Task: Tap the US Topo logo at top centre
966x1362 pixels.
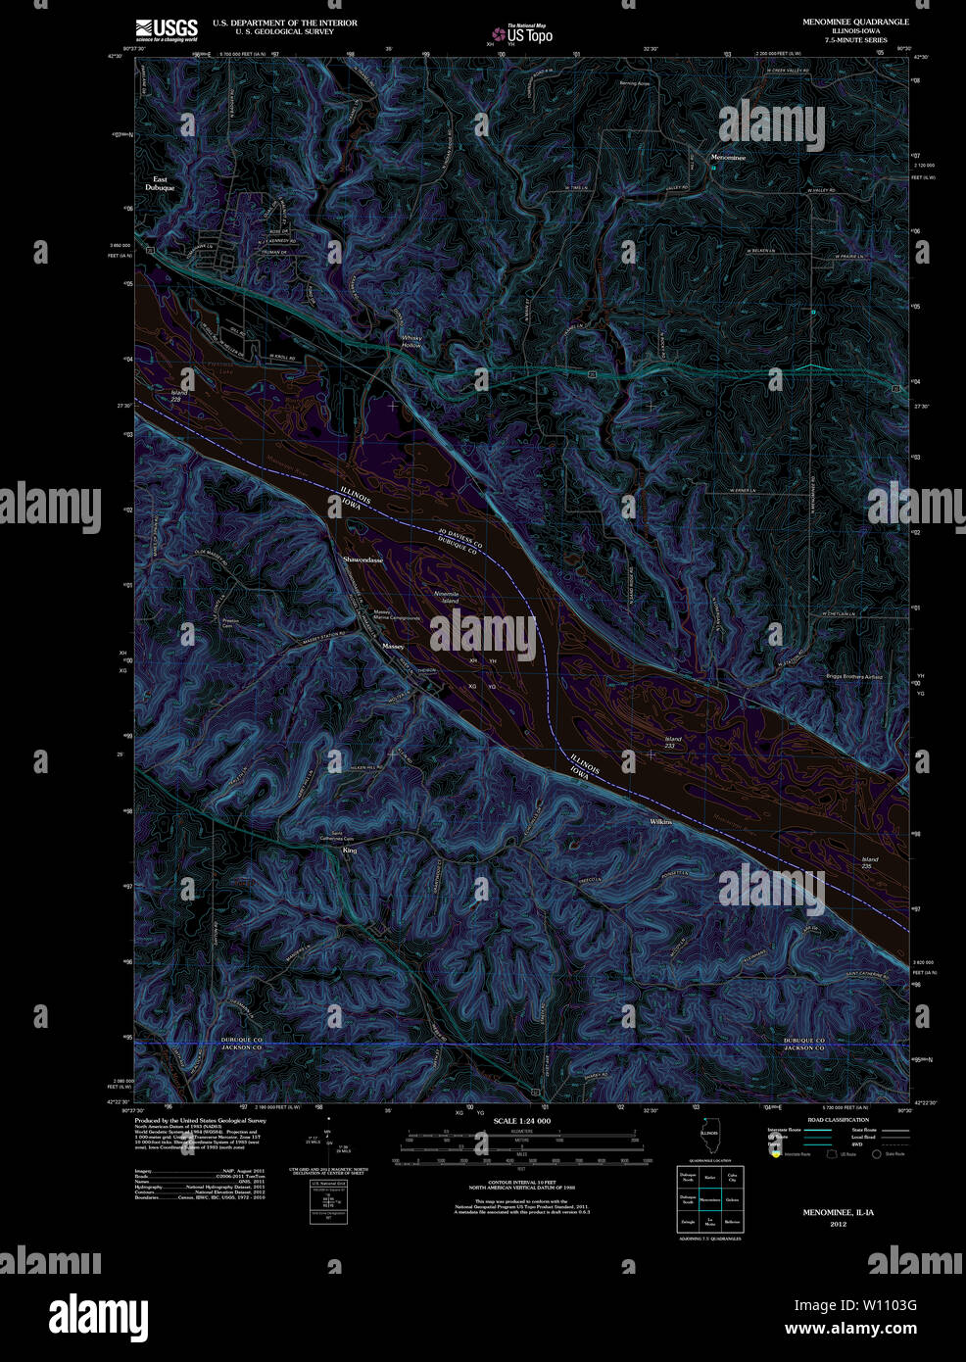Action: pos(523,34)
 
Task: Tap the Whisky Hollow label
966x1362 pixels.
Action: pos(411,342)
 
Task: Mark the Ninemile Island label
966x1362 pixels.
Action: pos(446,597)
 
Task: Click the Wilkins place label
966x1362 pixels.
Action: pos(660,821)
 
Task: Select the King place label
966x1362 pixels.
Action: pos(350,850)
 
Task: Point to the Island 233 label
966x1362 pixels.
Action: pos(672,742)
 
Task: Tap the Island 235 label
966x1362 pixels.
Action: pos(869,862)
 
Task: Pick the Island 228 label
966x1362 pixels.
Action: pos(178,396)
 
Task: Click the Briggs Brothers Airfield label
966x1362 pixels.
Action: pos(854,676)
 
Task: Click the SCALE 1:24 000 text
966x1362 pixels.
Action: pos(521,1121)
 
